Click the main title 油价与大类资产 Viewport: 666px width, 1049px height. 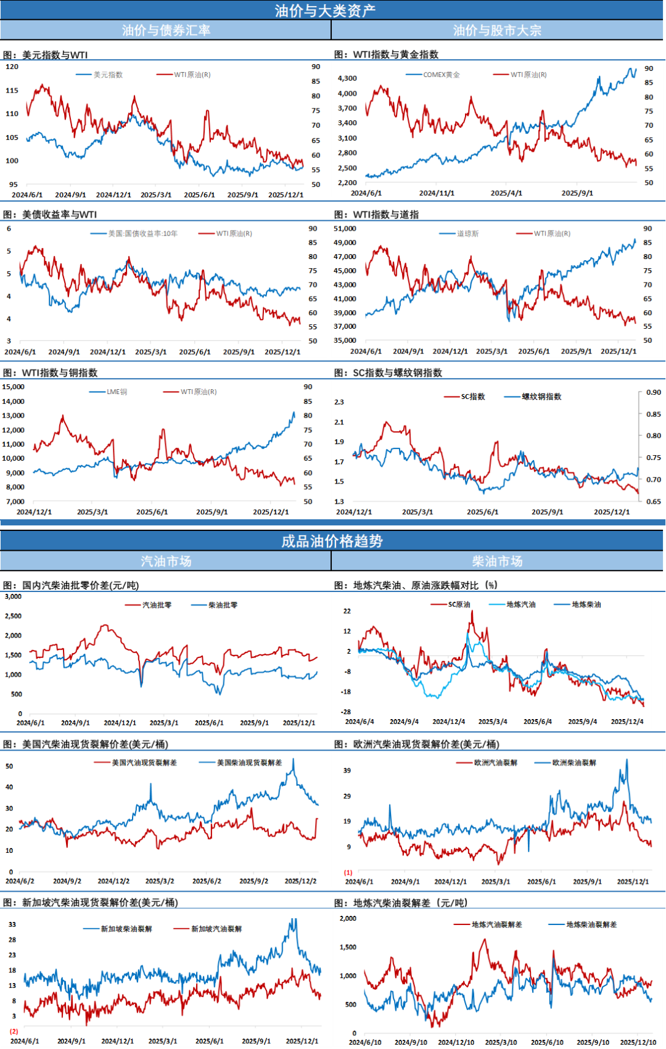tap(325, 10)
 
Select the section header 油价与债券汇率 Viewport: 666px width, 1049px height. tap(166, 30)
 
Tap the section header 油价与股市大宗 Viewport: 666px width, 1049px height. tap(497, 30)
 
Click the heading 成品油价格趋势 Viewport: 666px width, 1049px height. tap(332, 541)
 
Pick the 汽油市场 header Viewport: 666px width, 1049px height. tap(166, 561)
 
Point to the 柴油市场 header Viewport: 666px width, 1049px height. tap(497, 561)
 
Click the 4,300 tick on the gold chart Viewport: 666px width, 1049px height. tap(347, 78)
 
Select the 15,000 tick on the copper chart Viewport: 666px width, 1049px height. tap(13, 387)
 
